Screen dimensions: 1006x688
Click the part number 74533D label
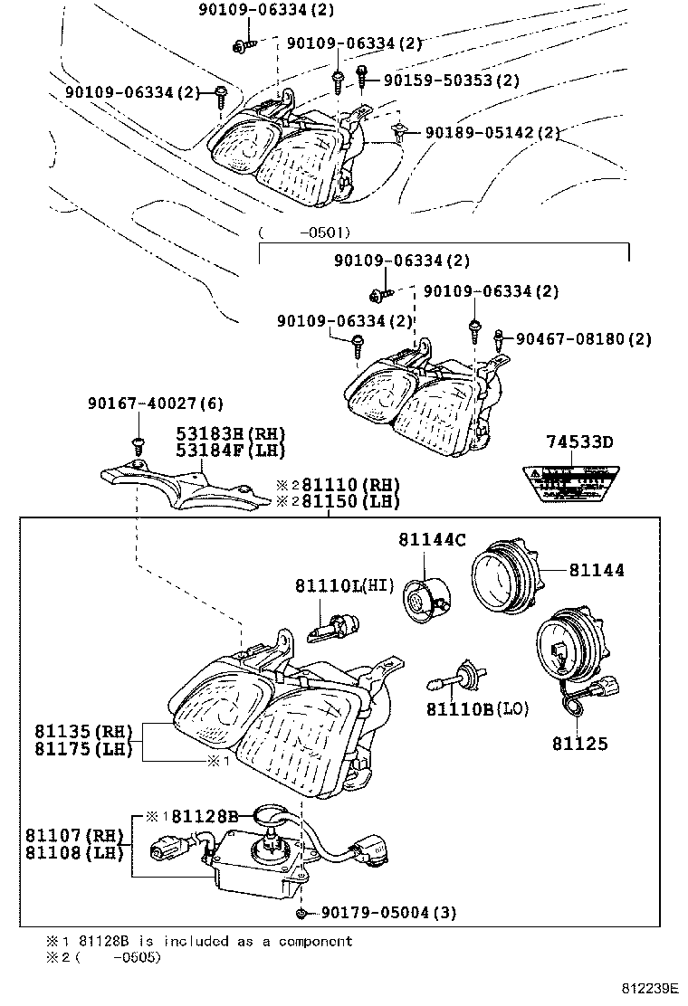(578, 442)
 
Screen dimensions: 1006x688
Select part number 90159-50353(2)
(451, 81)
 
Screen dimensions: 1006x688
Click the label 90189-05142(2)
(486, 133)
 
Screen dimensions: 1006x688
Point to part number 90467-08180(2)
(583, 339)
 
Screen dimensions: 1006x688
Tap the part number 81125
(579, 744)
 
